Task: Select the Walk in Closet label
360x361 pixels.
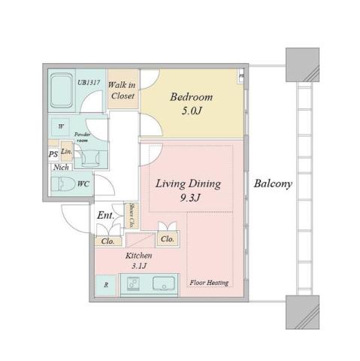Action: point(122,91)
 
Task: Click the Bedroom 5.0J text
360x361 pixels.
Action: point(190,104)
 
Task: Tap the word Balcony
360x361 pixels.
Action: point(272,184)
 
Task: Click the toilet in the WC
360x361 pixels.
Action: point(63,184)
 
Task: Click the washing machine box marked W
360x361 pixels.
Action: point(60,127)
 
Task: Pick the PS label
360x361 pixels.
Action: point(53,154)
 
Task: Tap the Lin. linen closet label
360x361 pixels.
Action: point(66,151)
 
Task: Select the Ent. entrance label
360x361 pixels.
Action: point(105,215)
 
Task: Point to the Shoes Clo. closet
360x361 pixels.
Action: point(132,216)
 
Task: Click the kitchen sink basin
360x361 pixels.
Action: point(162,284)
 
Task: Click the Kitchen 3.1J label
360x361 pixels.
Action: point(140,260)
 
